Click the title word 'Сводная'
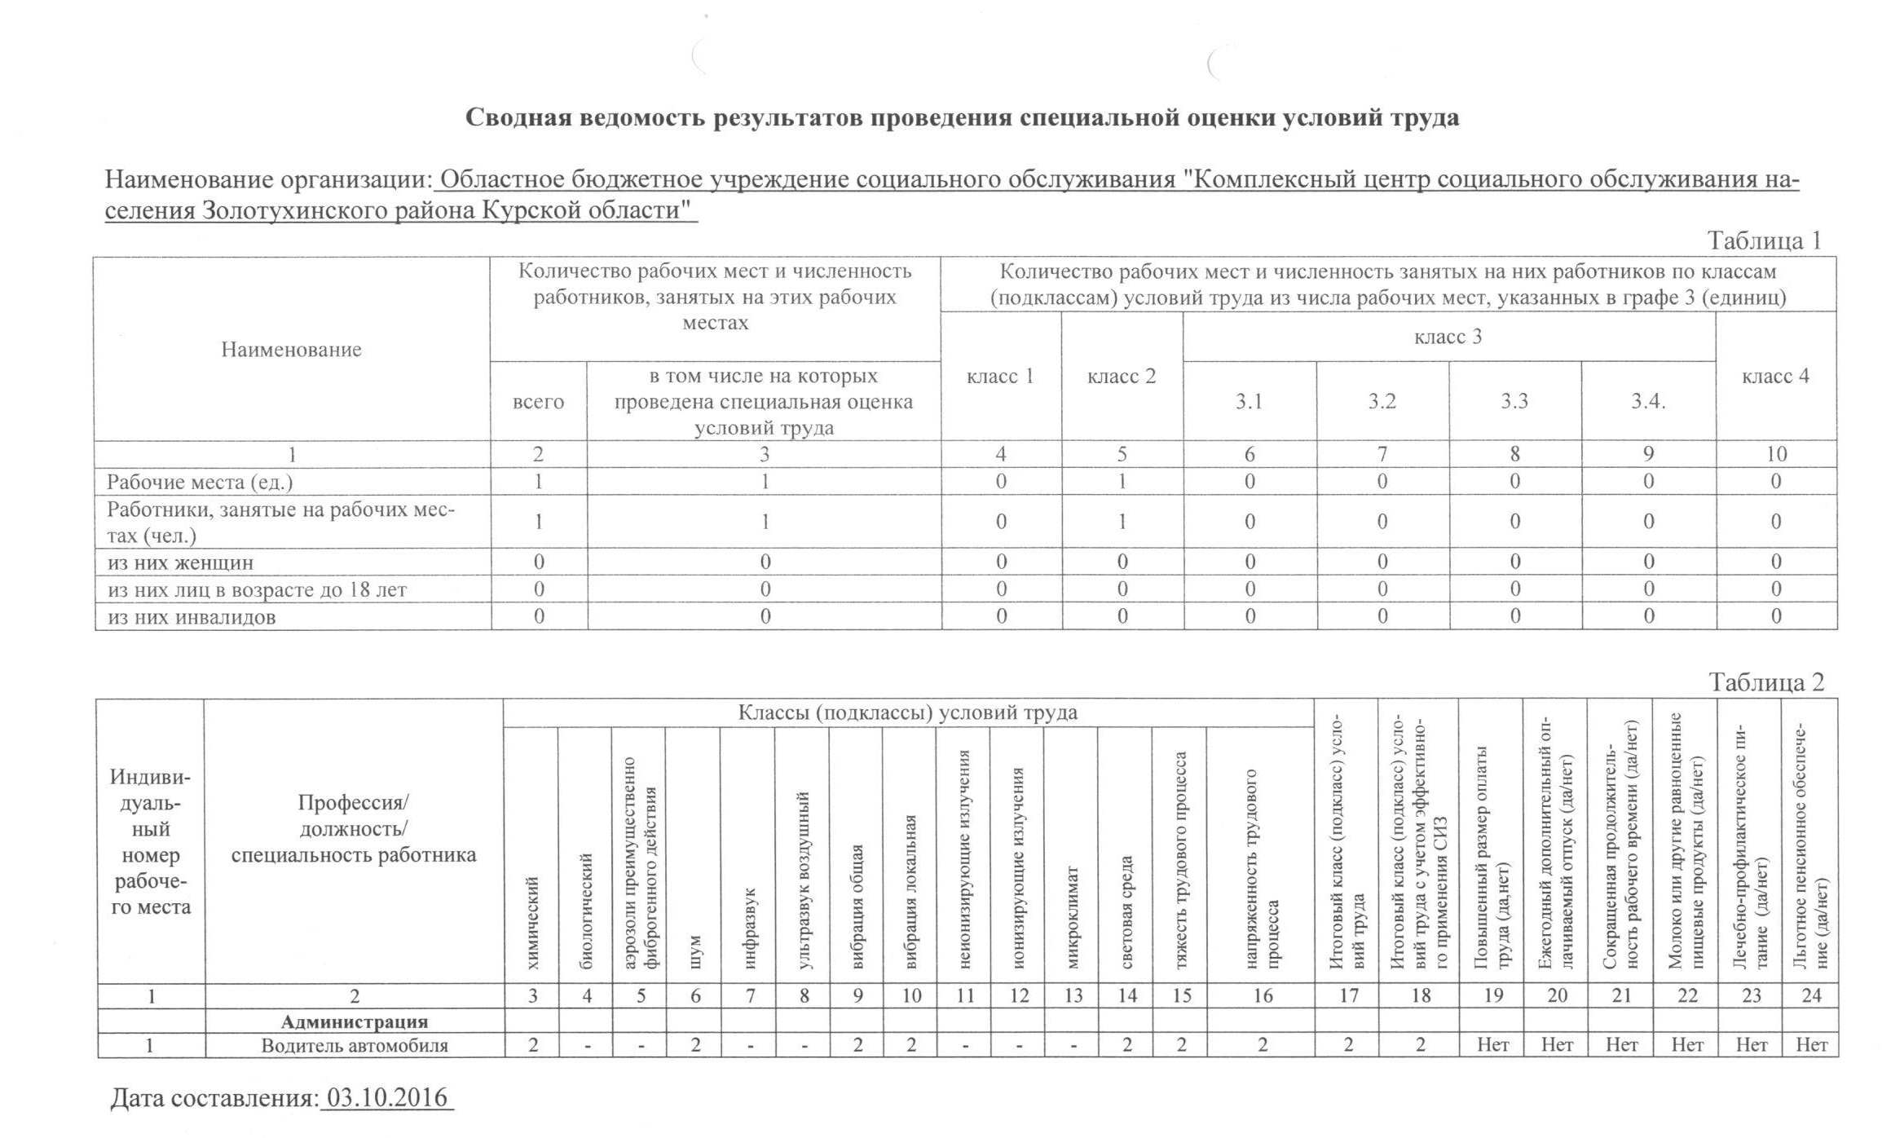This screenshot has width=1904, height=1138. click(x=518, y=118)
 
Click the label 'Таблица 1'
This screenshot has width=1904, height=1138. click(x=1764, y=240)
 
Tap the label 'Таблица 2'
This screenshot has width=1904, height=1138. click(x=1765, y=682)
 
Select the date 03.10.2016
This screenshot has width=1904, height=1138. click(x=387, y=1098)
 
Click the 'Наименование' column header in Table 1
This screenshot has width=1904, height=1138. click(x=291, y=350)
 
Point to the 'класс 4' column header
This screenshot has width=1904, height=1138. click(x=1775, y=376)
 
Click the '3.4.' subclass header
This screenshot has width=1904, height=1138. click(x=1647, y=401)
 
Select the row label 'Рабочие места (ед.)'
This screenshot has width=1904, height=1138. click(x=200, y=482)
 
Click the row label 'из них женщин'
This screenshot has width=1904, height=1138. click(x=180, y=562)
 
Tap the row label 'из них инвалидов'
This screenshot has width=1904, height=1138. click(x=192, y=617)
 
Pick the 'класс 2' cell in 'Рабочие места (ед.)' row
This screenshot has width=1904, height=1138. click(x=1122, y=482)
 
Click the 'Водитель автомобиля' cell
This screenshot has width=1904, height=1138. click(x=355, y=1046)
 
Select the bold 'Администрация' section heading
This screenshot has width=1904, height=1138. click(x=355, y=1021)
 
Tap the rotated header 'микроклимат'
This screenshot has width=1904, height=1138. click(x=1073, y=917)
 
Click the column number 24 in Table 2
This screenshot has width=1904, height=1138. click(x=1810, y=995)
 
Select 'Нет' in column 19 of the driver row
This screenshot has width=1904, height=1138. click(x=1492, y=1045)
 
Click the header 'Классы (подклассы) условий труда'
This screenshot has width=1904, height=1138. click(x=907, y=713)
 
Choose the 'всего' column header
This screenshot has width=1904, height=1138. click(x=538, y=402)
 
